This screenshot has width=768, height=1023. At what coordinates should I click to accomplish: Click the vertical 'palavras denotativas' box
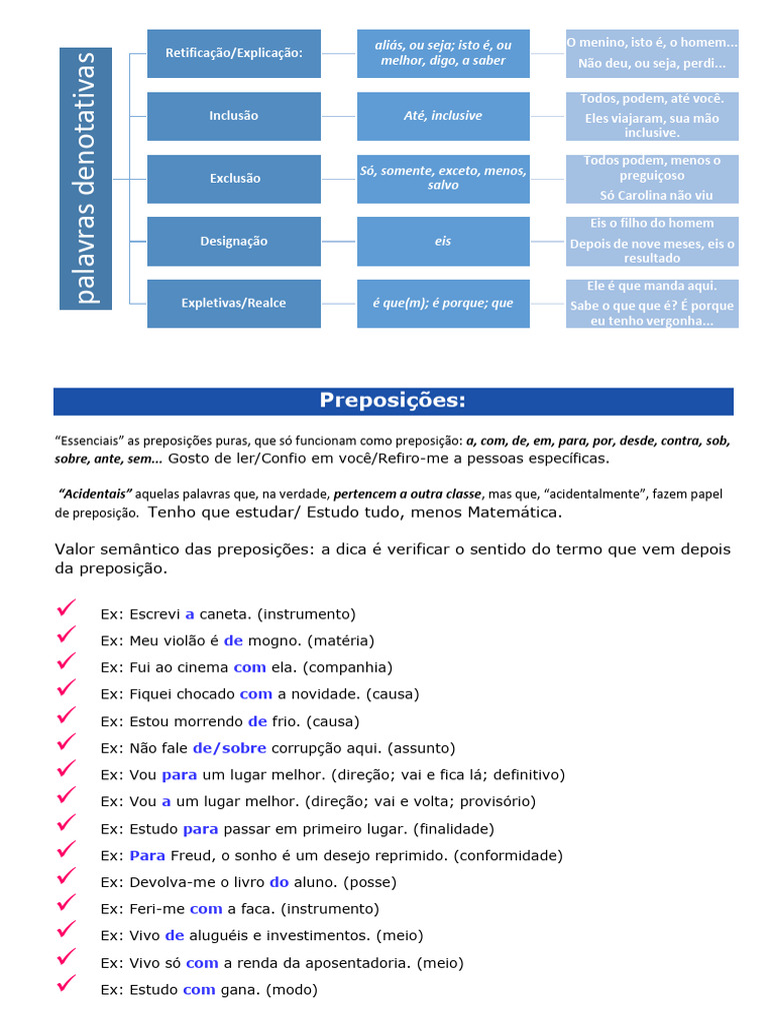(85, 178)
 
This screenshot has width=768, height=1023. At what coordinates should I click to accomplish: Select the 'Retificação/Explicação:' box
(234, 53)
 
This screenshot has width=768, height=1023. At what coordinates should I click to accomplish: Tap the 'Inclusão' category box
(234, 116)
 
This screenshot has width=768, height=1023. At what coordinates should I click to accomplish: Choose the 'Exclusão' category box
(234, 178)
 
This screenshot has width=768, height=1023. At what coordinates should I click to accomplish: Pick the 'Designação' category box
(234, 241)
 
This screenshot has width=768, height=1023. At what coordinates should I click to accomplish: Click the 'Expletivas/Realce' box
(234, 303)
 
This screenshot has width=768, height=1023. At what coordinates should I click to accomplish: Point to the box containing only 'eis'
(443, 241)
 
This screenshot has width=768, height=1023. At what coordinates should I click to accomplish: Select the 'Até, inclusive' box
(443, 116)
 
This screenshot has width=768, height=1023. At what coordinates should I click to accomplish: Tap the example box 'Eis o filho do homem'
(652, 223)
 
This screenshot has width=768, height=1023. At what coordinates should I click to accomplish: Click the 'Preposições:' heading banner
(393, 402)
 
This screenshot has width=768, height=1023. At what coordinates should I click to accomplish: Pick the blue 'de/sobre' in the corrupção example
(229, 747)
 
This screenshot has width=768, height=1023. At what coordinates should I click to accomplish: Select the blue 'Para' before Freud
(148, 855)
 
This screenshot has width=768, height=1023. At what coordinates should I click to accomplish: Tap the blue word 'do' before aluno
(279, 882)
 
